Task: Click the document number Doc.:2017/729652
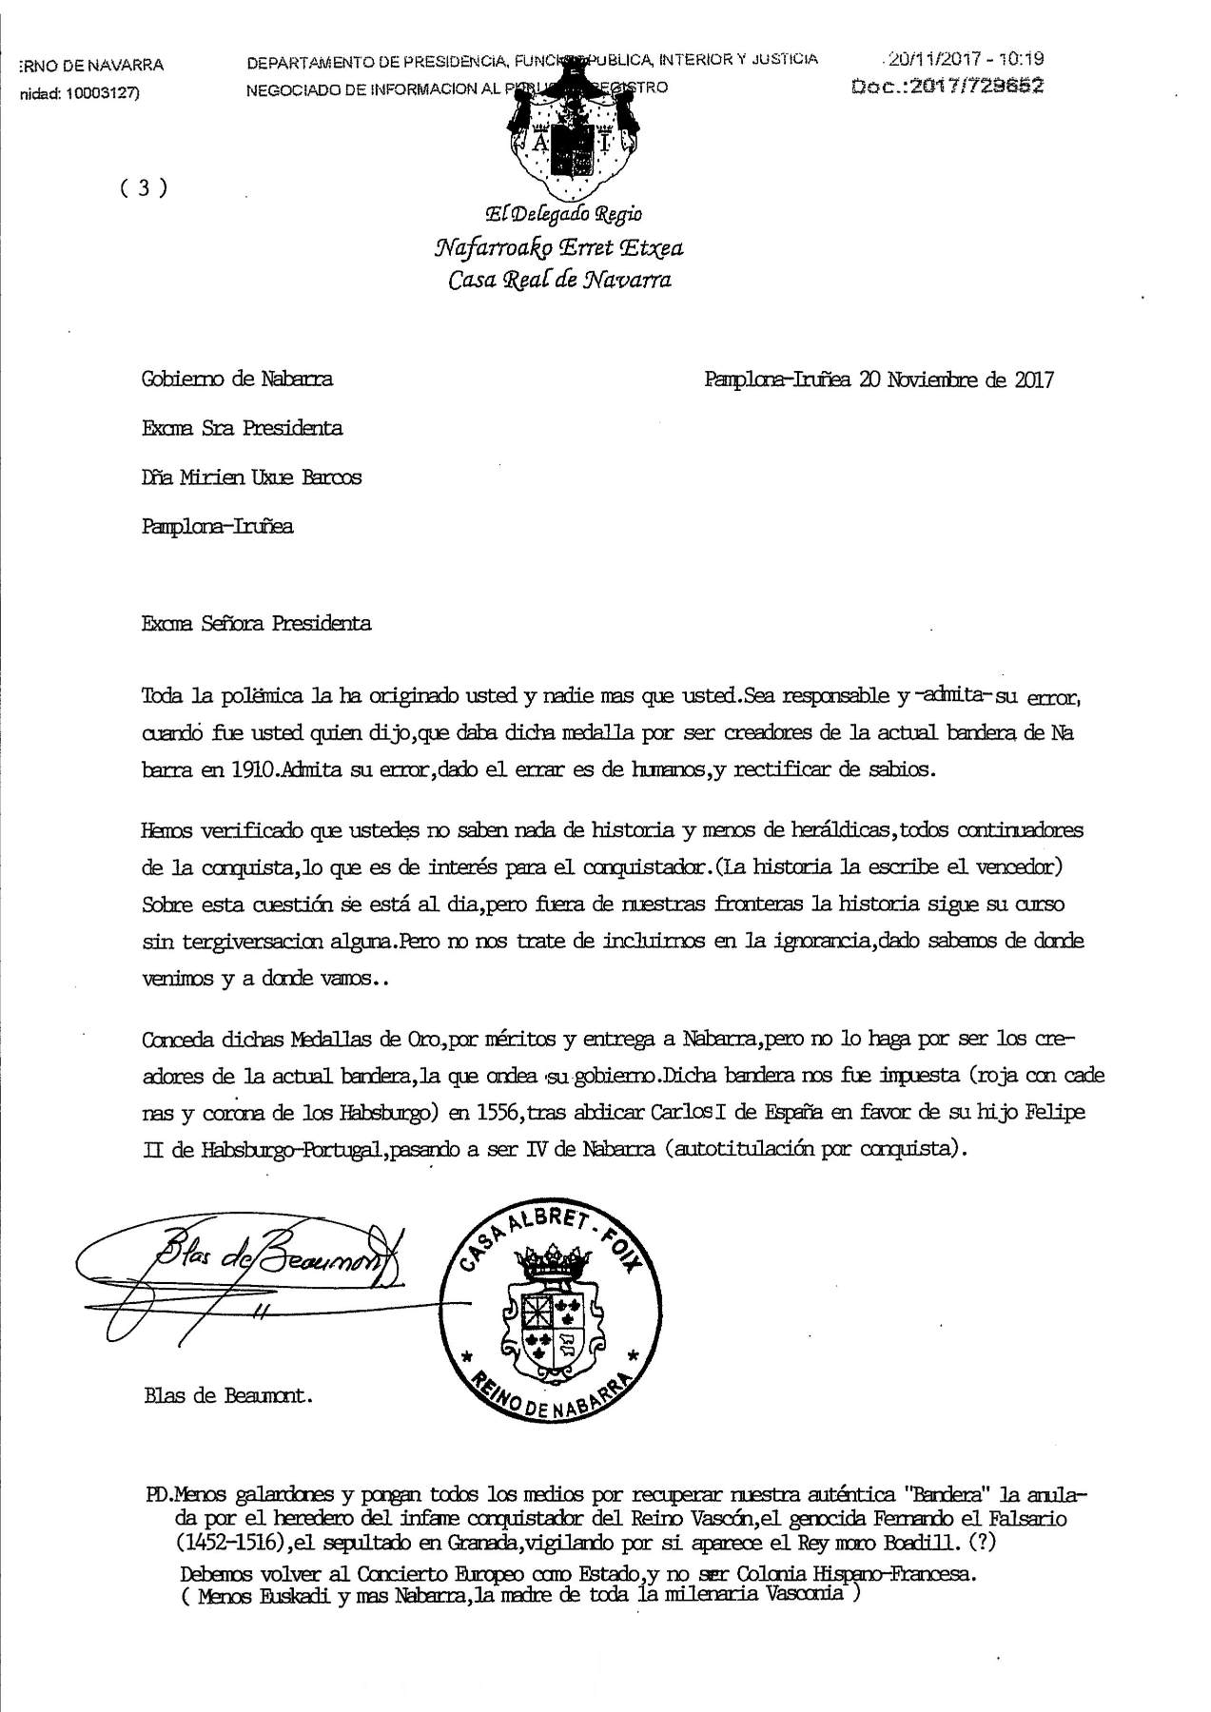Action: [x=949, y=86]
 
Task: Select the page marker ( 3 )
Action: [x=144, y=187]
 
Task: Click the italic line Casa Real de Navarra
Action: [x=559, y=280]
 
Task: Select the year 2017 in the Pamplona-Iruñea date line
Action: [x=1033, y=379]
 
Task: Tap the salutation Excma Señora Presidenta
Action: [x=256, y=624]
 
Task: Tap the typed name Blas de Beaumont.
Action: [x=228, y=1396]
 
